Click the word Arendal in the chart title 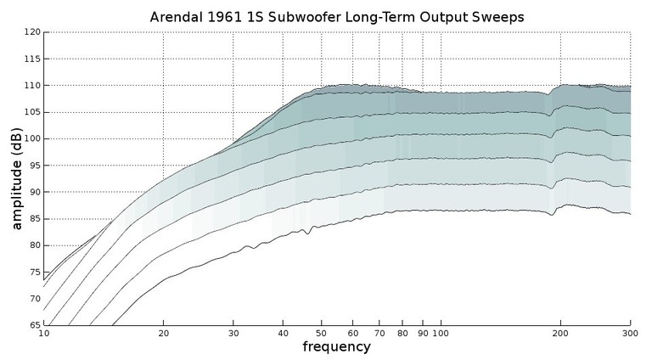(x=177, y=16)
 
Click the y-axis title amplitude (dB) (x=17, y=179)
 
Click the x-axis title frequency (x=336, y=347)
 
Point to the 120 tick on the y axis (x=31, y=32)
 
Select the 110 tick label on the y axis (x=31, y=86)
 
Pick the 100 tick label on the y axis (x=31, y=138)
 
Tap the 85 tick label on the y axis (x=34, y=218)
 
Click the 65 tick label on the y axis (x=34, y=325)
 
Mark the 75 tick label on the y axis (x=34, y=272)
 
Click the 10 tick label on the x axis (x=44, y=334)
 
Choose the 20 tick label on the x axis (x=163, y=334)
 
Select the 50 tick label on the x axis (x=321, y=334)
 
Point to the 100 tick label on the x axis (x=441, y=334)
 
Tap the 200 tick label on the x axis (x=560, y=334)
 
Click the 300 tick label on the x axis (x=630, y=334)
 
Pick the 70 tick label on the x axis (x=379, y=334)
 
